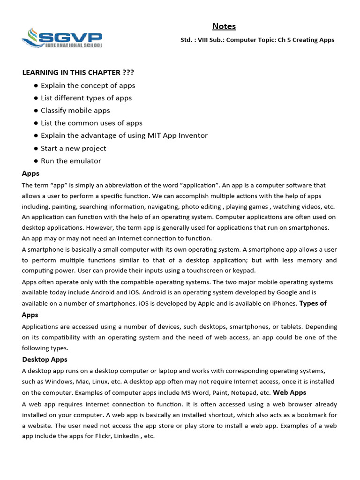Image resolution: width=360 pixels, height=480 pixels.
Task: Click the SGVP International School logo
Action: (62, 37)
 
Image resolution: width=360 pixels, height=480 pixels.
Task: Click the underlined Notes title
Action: (224, 26)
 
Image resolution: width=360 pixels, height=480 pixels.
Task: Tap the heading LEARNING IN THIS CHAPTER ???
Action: (78, 72)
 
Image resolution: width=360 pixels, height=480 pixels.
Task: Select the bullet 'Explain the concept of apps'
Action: (88, 85)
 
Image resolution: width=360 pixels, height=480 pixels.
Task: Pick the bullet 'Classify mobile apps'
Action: (75, 111)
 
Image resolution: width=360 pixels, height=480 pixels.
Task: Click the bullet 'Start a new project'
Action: (73, 148)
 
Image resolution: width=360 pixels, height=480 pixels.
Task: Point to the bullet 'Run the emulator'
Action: (71, 161)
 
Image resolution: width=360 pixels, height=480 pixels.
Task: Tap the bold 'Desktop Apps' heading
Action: (45, 360)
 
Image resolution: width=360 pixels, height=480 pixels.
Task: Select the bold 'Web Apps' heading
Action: (289, 392)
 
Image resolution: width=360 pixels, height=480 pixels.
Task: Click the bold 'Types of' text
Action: (313, 303)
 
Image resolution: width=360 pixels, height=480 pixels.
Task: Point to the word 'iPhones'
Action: (284, 304)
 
